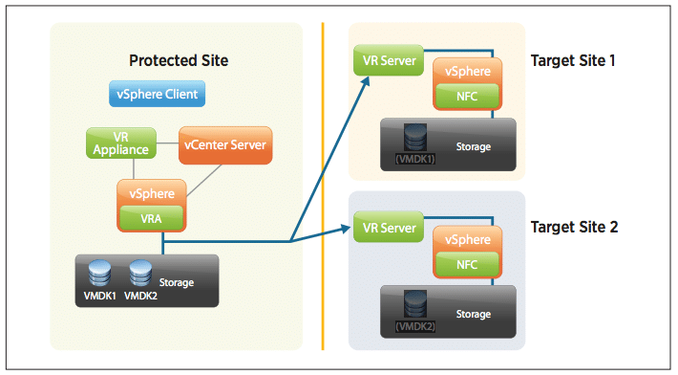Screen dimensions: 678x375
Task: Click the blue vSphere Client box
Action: tap(157, 94)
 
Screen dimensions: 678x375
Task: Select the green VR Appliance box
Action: tap(121, 143)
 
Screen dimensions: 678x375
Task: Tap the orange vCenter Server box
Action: tap(225, 145)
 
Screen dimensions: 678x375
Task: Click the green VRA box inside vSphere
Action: tap(151, 218)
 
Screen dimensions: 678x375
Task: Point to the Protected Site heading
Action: tap(179, 60)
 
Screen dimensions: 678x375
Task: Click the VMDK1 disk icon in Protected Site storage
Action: tap(99, 273)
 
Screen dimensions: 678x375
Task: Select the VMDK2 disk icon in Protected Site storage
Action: tap(140, 273)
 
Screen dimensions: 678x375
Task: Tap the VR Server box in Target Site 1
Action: tap(389, 60)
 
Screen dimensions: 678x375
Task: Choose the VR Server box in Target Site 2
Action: tap(389, 228)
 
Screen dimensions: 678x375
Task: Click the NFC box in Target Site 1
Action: tap(467, 96)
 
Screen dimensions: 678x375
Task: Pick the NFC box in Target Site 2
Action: tap(467, 264)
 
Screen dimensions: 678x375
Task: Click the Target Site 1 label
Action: tap(573, 60)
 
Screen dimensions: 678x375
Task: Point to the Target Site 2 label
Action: tap(574, 227)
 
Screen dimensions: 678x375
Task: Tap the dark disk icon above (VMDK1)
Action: tap(415, 137)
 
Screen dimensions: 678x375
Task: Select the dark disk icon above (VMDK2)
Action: tap(415, 304)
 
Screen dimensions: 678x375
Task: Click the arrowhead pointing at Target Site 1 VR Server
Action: tap(366, 82)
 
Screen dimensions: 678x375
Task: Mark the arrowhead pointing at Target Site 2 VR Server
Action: tap(346, 229)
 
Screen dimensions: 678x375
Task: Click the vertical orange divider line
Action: tap(323, 187)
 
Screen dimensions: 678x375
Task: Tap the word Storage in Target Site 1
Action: tap(474, 146)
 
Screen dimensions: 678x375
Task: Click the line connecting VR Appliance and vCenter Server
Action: tap(167, 143)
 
